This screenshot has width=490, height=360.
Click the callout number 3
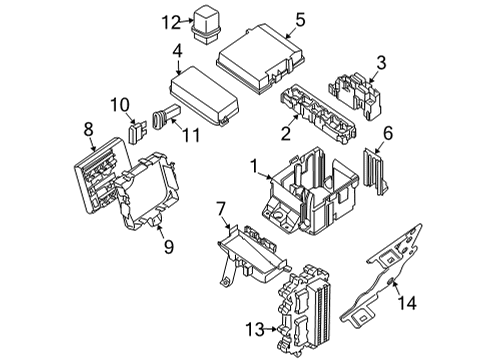coord(380,66)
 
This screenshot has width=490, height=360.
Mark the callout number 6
coord(389,133)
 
